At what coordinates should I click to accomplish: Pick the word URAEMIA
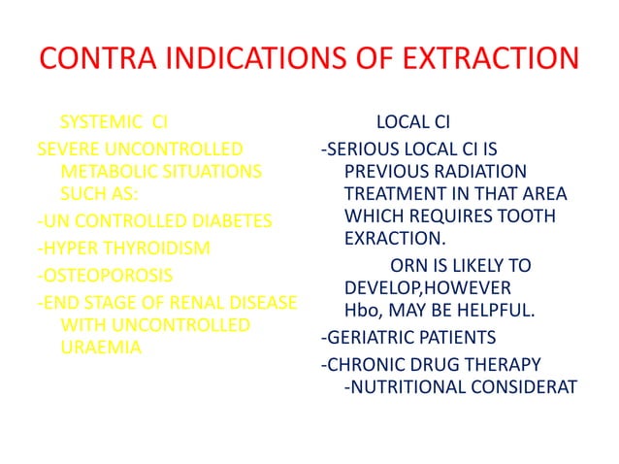coord(96,347)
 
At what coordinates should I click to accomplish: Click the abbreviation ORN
coord(406,265)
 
